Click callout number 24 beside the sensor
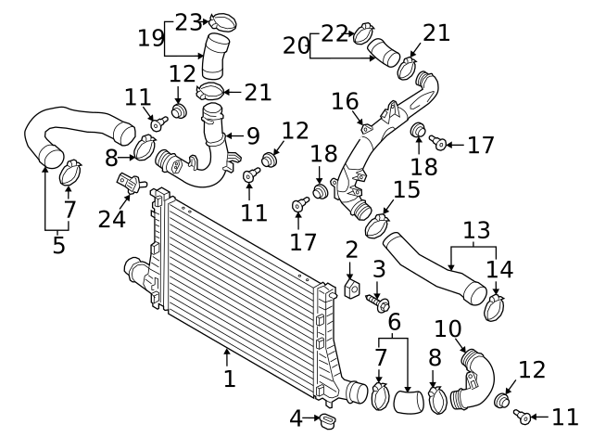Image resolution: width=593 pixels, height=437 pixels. [112, 219]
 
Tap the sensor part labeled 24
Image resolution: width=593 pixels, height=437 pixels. [129, 184]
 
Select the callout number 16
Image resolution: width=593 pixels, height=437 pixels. [344, 100]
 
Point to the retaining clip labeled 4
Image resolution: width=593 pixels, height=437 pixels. [326, 422]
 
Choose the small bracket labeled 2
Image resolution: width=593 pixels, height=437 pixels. [352, 289]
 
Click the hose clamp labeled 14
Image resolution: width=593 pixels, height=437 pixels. [496, 307]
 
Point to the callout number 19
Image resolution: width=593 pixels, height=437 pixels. [151, 38]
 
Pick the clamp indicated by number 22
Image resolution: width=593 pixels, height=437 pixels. [362, 36]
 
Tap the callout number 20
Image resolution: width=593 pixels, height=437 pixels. [296, 45]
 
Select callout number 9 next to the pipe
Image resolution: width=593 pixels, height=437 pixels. [253, 136]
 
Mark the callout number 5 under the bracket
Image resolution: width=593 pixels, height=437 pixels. [58, 245]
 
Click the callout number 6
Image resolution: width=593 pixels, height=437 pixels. [394, 322]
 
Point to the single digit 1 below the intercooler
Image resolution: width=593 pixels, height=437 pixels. [229, 378]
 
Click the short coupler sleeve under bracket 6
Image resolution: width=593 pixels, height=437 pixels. [408, 402]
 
